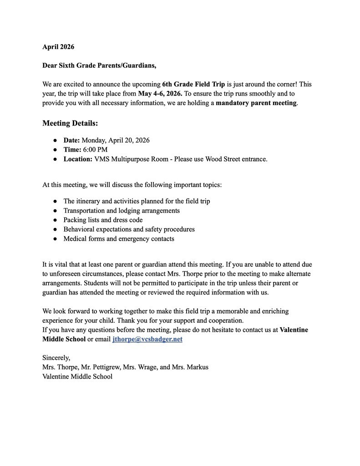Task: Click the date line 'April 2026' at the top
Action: click(58, 47)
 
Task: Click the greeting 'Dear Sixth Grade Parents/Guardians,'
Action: click(99, 66)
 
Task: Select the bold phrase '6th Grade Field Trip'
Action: click(193, 84)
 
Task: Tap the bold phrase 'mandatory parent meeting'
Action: click(256, 103)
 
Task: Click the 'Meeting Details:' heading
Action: click(70, 123)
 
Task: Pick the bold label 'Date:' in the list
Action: click(71, 140)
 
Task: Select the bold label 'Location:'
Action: click(78, 159)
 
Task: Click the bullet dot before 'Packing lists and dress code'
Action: click(55, 220)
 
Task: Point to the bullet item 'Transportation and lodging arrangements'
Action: click(122, 211)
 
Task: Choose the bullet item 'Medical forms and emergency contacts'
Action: click(119, 238)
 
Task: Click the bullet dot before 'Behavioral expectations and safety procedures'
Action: click(55, 229)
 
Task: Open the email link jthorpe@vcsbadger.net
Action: click(147, 339)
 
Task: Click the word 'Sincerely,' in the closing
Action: click(56, 358)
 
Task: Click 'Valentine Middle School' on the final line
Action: click(77, 376)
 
